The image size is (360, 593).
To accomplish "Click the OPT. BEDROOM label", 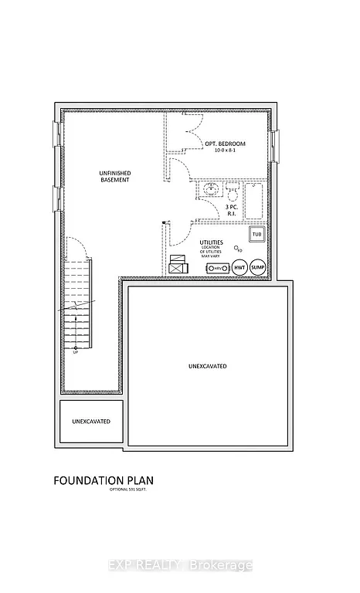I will tap(226, 144).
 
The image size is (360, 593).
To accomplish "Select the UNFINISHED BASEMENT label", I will tap(114, 175).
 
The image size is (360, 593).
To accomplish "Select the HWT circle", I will tap(239, 267).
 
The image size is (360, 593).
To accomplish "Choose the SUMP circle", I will tap(257, 267).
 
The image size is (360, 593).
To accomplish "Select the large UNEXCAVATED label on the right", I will tap(209, 365).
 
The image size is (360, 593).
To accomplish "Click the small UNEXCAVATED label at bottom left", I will tap(91, 422).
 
